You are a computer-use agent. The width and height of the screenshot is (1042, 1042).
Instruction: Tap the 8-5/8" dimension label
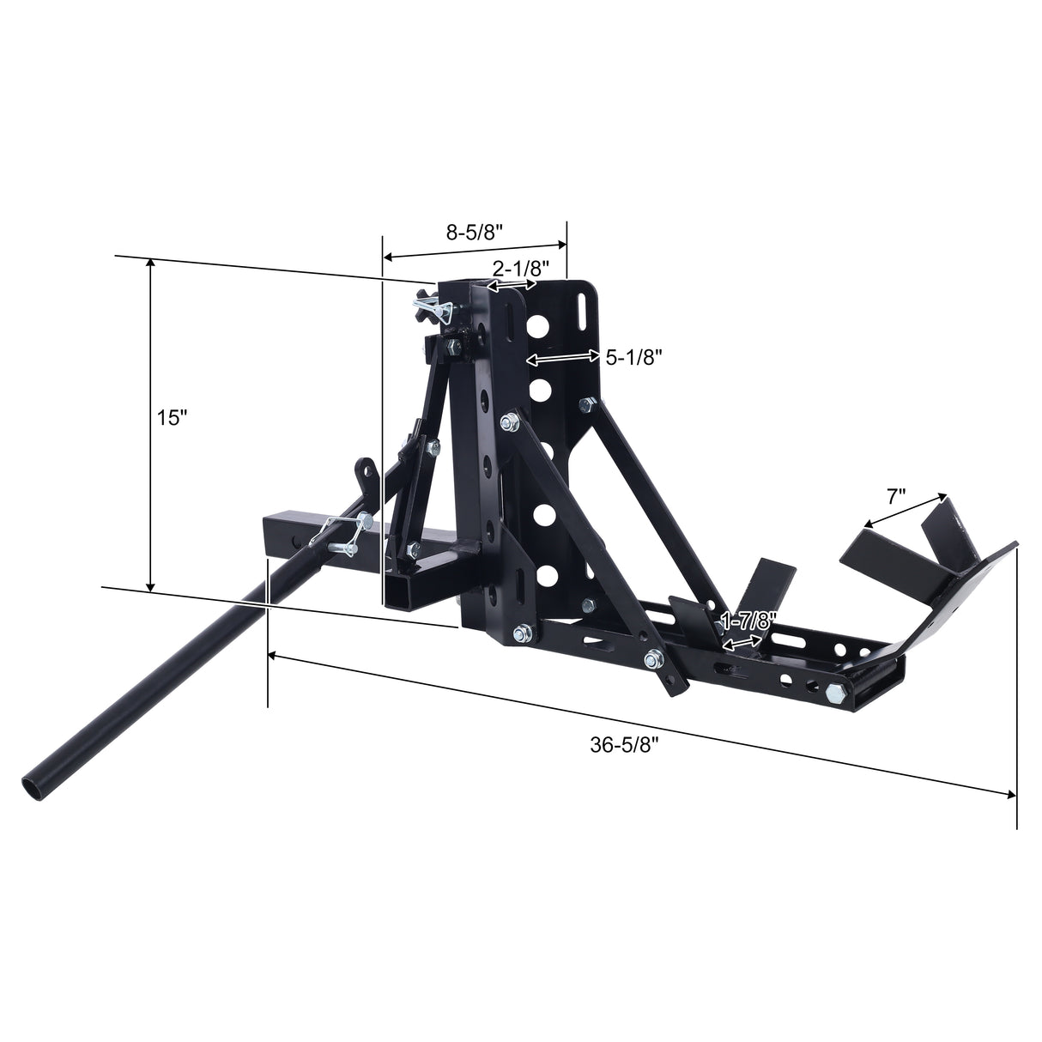click(x=474, y=232)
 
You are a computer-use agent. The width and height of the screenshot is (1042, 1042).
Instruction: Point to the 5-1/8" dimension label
click(x=635, y=358)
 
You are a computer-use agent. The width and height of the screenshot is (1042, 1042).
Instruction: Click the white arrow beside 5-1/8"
click(x=562, y=356)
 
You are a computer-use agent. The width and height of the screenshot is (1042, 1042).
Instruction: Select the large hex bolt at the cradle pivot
click(x=836, y=690)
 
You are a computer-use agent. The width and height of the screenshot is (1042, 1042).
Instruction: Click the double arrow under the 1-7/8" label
click(x=742, y=642)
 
